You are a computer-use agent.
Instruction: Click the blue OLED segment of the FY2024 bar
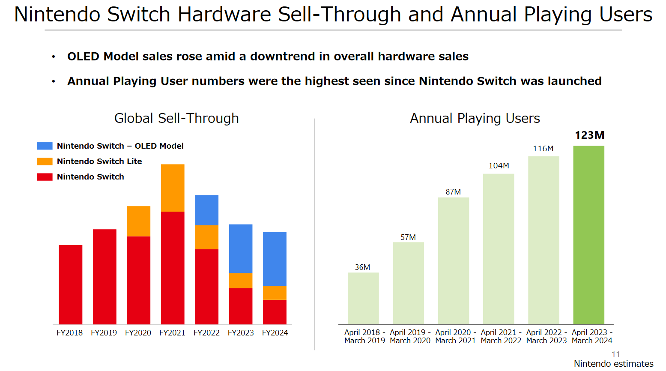point(275,259)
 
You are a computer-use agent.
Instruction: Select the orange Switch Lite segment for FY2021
point(173,188)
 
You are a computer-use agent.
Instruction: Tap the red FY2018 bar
point(71,284)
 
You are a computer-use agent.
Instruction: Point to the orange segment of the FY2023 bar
point(241,281)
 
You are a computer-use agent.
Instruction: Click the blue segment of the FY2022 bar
point(206,210)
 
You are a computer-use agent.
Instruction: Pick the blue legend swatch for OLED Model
point(45,146)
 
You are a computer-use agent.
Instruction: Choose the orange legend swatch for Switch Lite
point(45,162)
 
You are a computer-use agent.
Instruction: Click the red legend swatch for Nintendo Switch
point(45,177)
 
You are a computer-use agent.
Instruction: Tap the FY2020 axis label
point(138,333)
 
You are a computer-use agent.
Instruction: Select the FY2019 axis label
point(104,333)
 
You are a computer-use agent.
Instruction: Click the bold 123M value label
point(589,135)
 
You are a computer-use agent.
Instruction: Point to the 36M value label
point(362,267)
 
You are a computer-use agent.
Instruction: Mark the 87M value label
point(453,192)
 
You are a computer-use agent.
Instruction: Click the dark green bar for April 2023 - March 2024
point(589,235)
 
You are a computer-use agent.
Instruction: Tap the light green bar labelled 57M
point(408,283)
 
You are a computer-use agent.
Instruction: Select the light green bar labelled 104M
point(499,249)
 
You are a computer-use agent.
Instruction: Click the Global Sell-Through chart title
point(176,118)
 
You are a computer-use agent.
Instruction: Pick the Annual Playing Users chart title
point(475,118)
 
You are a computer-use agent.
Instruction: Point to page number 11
point(616,354)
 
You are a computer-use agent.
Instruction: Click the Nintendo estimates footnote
point(613,364)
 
